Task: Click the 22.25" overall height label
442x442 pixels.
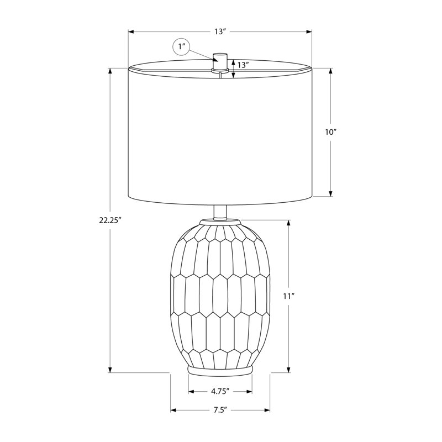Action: tap(110, 220)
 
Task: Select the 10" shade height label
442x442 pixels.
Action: tap(330, 132)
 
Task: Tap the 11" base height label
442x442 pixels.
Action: tap(288, 296)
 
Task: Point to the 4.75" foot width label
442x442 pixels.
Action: tap(220, 391)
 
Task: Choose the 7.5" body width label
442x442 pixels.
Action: tap(220, 410)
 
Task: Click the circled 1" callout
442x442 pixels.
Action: tap(181, 46)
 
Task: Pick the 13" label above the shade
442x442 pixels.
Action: tap(220, 31)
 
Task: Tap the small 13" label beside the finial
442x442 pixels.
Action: tap(243, 65)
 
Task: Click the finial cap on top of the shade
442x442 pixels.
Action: tap(220, 61)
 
